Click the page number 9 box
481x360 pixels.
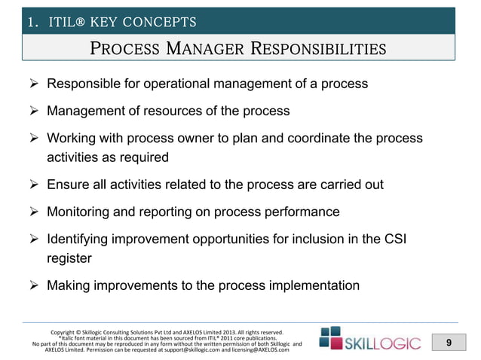click(x=449, y=343)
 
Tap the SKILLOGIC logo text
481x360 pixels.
click(x=384, y=344)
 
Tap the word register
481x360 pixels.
click(x=69, y=258)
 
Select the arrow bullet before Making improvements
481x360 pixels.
click(x=32, y=285)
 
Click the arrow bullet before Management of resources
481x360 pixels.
click(x=32, y=111)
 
